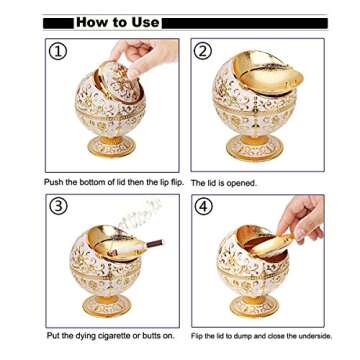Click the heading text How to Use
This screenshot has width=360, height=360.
(117, 21)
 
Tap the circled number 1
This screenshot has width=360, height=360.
(59, 51)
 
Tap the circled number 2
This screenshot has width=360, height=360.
(204, 51)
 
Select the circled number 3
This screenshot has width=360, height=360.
(59, 207)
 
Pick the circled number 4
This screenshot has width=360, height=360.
(205, 207)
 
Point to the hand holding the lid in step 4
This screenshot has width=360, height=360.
(304, 215)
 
